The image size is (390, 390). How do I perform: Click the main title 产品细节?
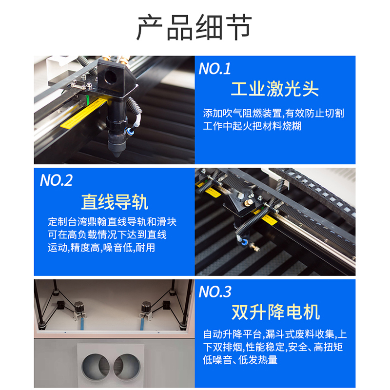coord(194,27)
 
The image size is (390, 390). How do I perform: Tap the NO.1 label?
coord(214,68)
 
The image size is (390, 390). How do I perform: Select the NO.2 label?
coord(56,180)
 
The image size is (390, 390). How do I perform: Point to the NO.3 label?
coord(215,292)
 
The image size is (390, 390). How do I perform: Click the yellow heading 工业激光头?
coord(275,89)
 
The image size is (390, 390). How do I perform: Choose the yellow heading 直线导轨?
coord(115,202)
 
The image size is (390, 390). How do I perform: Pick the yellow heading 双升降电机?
coord(275,312)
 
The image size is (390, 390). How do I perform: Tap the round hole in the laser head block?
coord(110,77)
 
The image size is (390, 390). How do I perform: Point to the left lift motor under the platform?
coord(79,309)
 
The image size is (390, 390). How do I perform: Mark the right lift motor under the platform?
coord(146,309)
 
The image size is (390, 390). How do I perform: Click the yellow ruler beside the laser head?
coord(84,113)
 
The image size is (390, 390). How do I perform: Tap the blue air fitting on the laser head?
coord(130,131)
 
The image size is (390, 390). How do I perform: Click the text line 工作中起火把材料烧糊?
coord(252,126)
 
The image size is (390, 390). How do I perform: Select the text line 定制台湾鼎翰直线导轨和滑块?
coord(112,222)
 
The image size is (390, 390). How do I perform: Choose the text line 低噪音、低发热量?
coord(240,360)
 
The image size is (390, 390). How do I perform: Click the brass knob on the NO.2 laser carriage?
coord(248,202)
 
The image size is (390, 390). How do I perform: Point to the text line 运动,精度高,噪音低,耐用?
coord(101,248)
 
